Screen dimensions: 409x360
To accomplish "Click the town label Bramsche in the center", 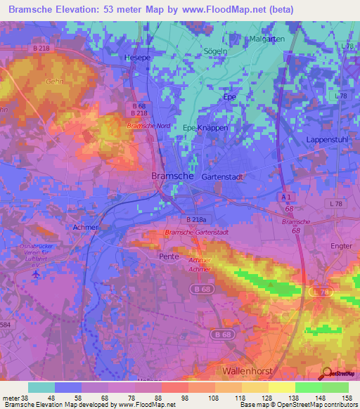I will click(x=173, y=177).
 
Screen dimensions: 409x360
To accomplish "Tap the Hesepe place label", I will click(x=137, y=58).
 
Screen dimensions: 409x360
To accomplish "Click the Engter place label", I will click(x=341, y=247).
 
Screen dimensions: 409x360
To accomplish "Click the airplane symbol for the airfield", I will click(x=37, y=274).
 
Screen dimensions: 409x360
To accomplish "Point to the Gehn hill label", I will click(x=54, y=82).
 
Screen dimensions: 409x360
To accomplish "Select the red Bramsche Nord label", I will click(x=148, y=126).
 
